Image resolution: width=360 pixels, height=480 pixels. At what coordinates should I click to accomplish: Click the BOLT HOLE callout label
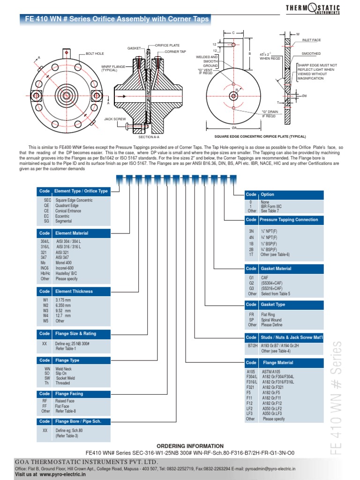95,54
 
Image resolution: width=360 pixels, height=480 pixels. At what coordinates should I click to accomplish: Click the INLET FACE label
311,41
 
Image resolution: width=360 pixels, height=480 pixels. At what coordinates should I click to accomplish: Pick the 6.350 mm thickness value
64,305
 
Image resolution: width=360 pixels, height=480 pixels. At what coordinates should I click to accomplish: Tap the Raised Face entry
65,401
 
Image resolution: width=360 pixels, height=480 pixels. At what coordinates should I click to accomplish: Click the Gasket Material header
276,269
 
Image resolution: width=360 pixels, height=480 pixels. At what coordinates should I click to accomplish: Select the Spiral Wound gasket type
271,320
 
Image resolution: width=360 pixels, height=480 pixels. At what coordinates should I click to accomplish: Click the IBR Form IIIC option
271,206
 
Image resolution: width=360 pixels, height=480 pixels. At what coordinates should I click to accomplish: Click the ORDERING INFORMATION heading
190,446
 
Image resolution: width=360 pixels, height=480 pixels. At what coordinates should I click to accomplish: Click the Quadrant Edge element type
67,205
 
